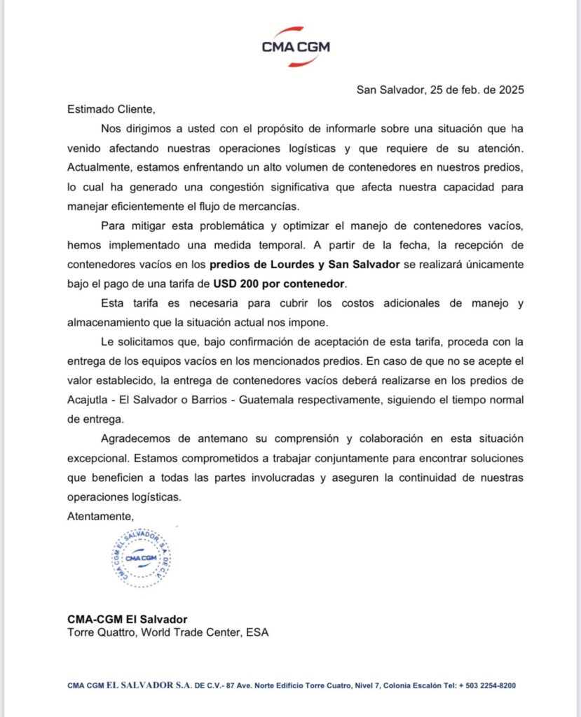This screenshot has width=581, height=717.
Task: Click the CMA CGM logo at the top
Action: click(x=295, y=47)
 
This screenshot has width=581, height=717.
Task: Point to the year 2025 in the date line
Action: click(x=510, y=90)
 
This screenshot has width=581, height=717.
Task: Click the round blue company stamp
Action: click(x=142, y=557)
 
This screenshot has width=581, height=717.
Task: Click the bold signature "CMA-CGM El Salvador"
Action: click(x=127, y=619)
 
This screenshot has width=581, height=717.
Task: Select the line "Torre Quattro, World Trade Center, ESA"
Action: click(x=168, y=632)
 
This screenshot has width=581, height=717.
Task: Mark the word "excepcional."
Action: click(x=98, y=459)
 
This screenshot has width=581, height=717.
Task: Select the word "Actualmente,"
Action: click(x=99, y=168)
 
